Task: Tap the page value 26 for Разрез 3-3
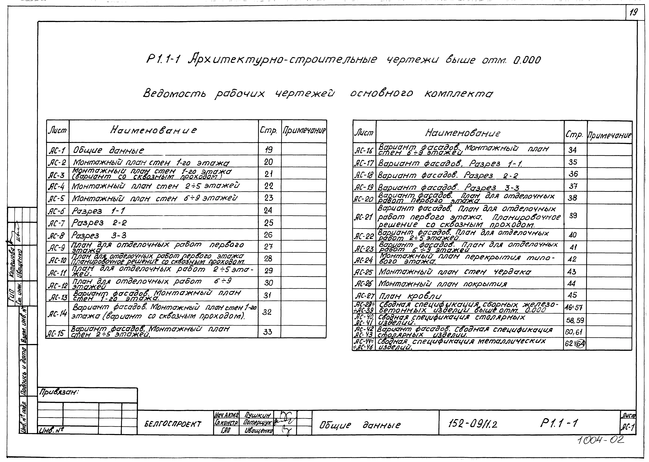(268, 235)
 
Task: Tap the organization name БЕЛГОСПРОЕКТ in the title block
(173, 424)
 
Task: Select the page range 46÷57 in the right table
(575, 308)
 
